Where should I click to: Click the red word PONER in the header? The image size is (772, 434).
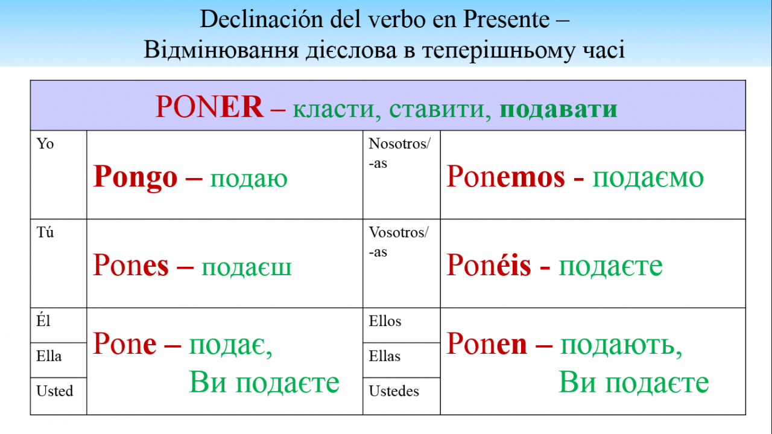(209, 107)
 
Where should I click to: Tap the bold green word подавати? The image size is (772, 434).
(558, 109)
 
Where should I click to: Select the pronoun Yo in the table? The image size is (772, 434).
(45, 144)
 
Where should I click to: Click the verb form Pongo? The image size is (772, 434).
(135, 177)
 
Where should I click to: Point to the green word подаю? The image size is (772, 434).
(248, 179)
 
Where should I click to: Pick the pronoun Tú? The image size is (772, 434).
(45, 232)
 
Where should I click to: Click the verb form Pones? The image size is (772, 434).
(131, 265)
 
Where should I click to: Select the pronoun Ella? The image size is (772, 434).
(49, 356)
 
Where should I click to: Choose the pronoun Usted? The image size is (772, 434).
(55, 391)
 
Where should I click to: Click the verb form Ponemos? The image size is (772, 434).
(505, 176)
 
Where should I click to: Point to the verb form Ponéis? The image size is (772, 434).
(489, 264)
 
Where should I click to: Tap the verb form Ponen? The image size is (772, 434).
(487, 343)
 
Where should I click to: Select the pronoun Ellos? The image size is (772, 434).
(385, 321)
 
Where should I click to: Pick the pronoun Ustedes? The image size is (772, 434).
(394, 391)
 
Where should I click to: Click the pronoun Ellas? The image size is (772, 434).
(385, 356)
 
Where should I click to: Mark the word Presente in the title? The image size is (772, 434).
(506, 19)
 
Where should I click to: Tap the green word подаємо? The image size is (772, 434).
(648, 178)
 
